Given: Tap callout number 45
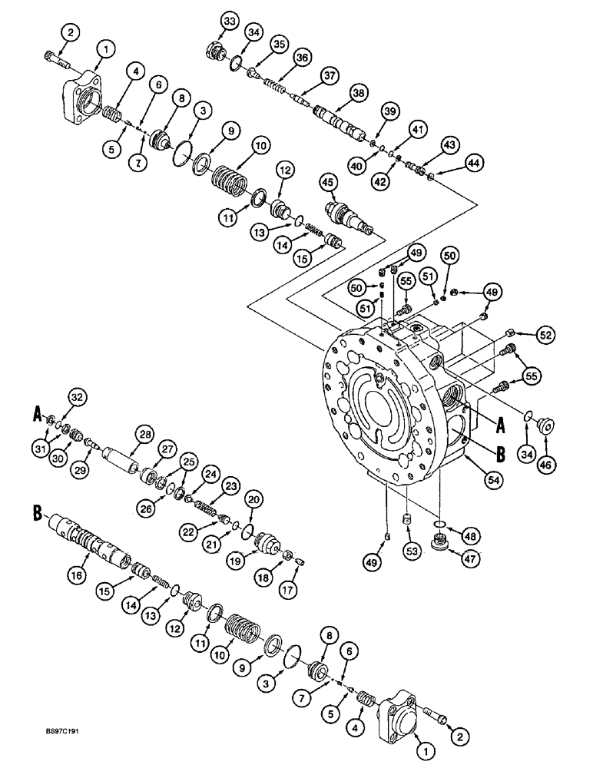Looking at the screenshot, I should pyautogui.click(x=328, y=182).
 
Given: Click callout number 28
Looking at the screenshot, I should pyautogui.click(x=146, y=435).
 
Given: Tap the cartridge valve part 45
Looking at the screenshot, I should pyautogui.click(x=350, y=215).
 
